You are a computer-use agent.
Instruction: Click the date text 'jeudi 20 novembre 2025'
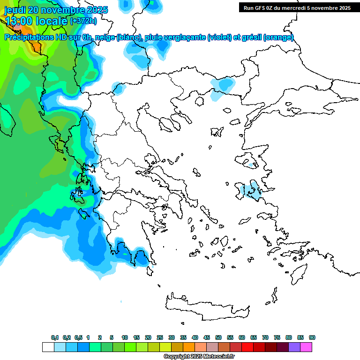pyautogui.click(x=56, y=10)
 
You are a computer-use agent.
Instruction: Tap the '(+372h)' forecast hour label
pyautogui.click(x=83, y=21)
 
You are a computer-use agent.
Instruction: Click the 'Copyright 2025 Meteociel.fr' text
pyautogui.click(x=199, y=357)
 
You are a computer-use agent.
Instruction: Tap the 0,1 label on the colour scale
pyautogui.click(x=55, y=337)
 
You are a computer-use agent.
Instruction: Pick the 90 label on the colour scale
pyautogui.click(x=312, y=337)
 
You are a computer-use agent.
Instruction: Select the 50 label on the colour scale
pyautogui.click(x=218, y=337)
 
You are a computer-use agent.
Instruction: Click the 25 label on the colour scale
pyautogui.click(x=160, y=337)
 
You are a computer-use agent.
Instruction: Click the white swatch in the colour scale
pyautogui.click(x=48, y=347)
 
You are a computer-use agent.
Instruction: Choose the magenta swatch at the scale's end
pyautogui.click(x=306, y=347)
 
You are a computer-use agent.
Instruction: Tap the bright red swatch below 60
pyautogui.click(x=247, y=347)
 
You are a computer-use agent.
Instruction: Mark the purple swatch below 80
pyautogui.click(x=294, y=347)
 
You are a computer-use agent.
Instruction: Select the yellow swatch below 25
pyautogui.click(x=165, y=347)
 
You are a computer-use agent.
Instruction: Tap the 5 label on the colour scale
pyautogui.click(x=112, y=337)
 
